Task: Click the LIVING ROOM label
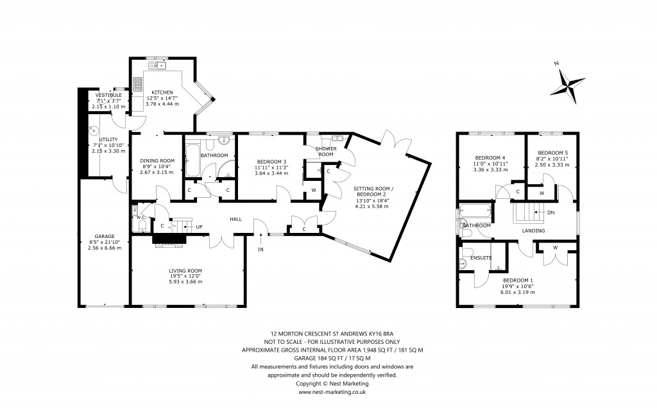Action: [186, 270]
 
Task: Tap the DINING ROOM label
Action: [157, 160]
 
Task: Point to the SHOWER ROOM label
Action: [326, 151]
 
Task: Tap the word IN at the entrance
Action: [261, 248]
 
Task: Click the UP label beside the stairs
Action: [199, 226]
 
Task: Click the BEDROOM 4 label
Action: [490, 158]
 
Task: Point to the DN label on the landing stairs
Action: [550, 212]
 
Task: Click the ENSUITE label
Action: [481, 258]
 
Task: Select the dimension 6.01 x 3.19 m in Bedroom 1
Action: [518, 292]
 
